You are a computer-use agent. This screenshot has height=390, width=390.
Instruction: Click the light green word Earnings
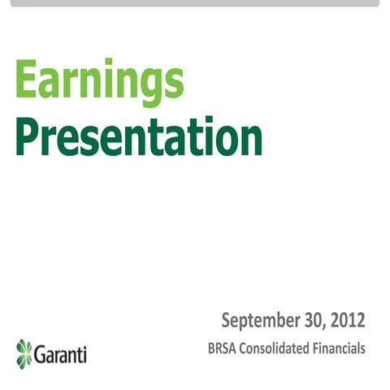99,83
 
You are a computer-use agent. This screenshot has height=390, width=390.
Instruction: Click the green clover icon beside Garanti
24,353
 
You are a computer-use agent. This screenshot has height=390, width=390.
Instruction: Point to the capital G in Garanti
43,354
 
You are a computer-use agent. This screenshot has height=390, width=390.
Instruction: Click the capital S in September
227,320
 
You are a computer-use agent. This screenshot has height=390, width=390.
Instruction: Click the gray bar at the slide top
195,3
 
